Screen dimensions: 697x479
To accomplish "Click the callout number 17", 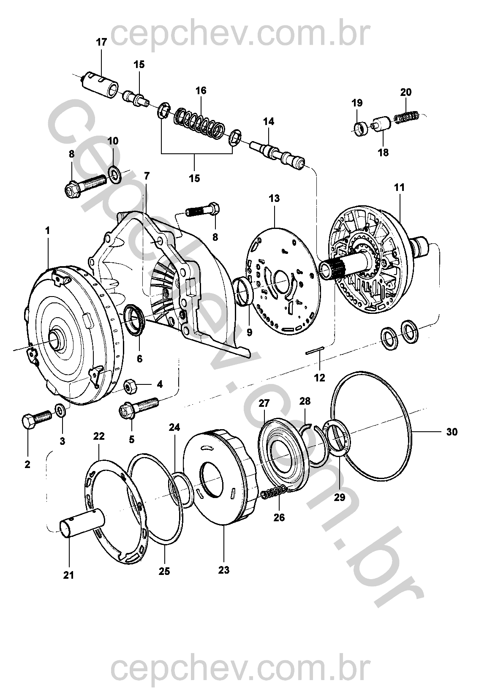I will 101,42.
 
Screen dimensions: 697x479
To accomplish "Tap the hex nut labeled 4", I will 130,385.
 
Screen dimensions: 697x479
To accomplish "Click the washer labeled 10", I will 114,173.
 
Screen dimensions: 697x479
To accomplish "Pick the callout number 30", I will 451,432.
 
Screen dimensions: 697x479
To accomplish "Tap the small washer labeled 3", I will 60,409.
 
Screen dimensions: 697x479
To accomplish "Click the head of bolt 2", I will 28,421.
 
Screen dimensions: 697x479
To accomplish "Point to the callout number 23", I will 224,570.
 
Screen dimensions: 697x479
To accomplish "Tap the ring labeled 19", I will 360,128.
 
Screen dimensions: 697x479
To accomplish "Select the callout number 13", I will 275,198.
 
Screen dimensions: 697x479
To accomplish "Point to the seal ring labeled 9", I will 244,291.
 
